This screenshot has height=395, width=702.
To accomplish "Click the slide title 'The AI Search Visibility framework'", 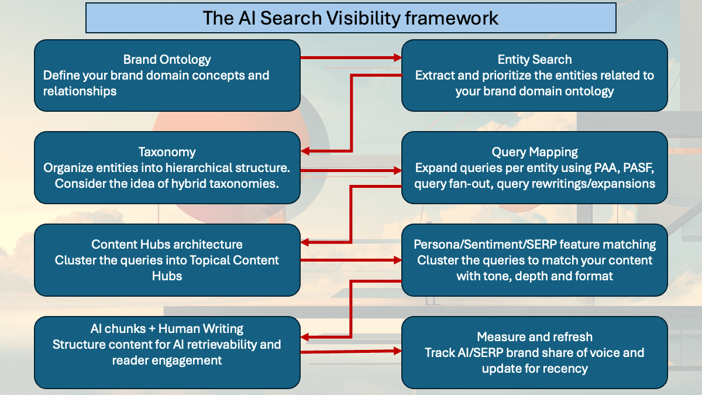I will tap(350, 18).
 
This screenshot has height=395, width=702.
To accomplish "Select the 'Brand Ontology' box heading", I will tap(167, 59).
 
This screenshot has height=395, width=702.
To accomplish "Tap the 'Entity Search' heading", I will tap(534, 59).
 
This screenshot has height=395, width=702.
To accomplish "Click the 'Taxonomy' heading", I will tap(167, 152).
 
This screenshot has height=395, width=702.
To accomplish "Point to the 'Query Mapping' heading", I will tap(534, 152).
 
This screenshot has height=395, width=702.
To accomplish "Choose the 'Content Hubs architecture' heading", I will tap(167, 244).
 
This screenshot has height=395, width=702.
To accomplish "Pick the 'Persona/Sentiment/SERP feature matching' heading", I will tap(534, 244).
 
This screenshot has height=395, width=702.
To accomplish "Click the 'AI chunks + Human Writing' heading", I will tap(167, 328).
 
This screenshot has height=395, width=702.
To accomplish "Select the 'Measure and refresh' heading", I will tap(534, 336).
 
